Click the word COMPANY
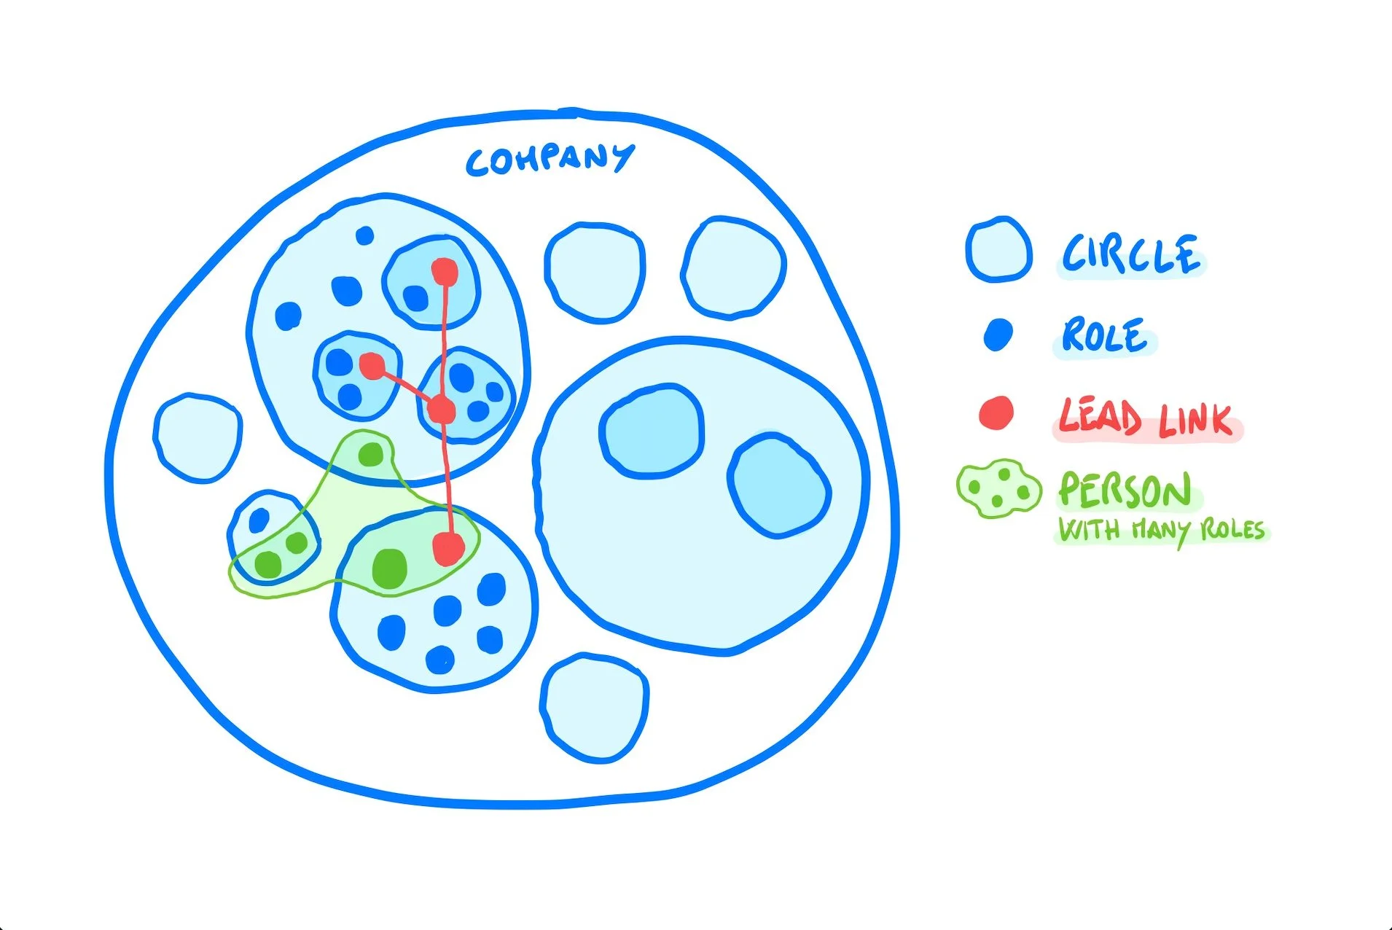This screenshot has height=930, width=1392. click(550, 159)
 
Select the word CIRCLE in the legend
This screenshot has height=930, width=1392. click(1130, 254)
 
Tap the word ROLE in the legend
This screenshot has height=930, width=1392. click(1104, 335)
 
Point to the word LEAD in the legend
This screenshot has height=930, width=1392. click(1100, 418)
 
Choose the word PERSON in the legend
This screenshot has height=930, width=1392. click(1125, 490)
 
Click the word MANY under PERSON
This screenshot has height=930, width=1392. click(1160, 530)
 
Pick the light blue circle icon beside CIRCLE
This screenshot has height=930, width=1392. click(998, 249)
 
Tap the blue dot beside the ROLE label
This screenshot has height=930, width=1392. click(998, 335)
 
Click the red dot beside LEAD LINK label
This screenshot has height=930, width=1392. click(996, 413)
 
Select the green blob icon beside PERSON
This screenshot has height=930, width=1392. click(998, 488)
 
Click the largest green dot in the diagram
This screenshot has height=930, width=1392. click(389, 568)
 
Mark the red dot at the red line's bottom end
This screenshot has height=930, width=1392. click(448, 548)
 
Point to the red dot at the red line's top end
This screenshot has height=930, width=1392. click(445, 272)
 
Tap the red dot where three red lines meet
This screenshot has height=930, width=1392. click(442, 410)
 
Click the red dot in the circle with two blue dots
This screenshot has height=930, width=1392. click(372, 365)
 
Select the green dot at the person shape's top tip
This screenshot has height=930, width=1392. click(370, 455)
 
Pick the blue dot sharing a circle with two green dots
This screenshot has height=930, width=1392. click(259, 520)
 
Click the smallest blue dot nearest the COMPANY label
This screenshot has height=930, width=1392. click(364, 235)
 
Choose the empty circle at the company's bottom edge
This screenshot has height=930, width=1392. click(595, 708)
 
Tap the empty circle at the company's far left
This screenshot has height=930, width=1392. click(198, 438)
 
